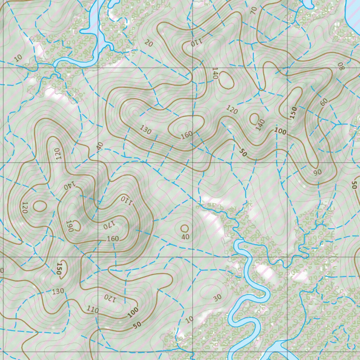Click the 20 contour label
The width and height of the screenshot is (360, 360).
pos(149,43)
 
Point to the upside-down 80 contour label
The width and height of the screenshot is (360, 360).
pos(340,66)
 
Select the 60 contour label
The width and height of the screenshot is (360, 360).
pos(324,102)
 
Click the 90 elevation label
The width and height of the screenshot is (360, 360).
pos(317,172)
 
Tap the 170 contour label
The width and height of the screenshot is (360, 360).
pos(109,225)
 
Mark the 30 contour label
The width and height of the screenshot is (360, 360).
pos(217,297)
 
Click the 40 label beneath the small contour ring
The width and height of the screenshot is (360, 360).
pos(185,237)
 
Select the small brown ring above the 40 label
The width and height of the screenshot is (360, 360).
pos(185,228)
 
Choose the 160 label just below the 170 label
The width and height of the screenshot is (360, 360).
pos(112,239)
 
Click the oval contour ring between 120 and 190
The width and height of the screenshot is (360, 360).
pos(40,206)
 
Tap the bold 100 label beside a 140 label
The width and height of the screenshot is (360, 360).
pos(280,131)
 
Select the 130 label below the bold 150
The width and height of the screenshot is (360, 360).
pos(58,291)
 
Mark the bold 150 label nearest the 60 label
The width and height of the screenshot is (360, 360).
pos(293,112)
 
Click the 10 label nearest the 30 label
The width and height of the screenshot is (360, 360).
pos(189,320)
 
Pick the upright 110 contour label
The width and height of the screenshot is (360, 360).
pos(92,310)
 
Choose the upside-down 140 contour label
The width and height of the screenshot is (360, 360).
pos(70,185)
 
